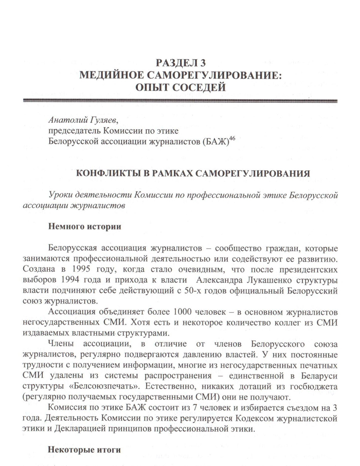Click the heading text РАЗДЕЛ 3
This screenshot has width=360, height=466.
(x=180, y=64)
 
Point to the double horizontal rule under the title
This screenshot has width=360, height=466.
(x=180, y=100)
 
